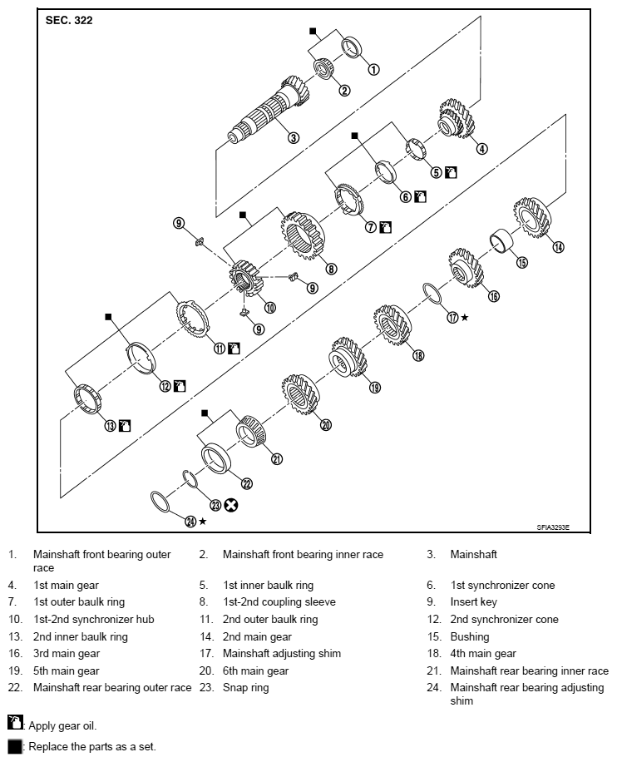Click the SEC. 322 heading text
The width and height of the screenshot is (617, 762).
pyautogui.click(x=69, y=21)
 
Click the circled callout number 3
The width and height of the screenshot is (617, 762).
pyautogui.click(x=294, y=137)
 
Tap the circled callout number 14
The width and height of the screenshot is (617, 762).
pyautogui.click(x=559, y=245)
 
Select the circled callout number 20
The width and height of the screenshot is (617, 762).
pyautogui.click(x=326, y=424)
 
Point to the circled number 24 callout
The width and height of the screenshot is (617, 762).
pyautogui.click(x=190, y=521)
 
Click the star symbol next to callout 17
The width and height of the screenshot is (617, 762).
pyautogui.click(x=464, y=318)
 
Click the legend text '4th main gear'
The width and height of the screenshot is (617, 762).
pyautogui.click(x=483, y=654)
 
